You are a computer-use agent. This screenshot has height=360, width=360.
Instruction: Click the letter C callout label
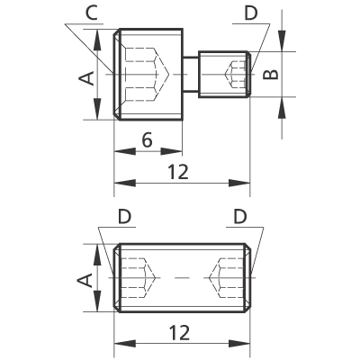click(92, 13)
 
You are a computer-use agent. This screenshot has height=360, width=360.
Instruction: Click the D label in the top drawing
click(251, 13)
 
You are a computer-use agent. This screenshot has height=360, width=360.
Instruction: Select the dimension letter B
click(271, 75)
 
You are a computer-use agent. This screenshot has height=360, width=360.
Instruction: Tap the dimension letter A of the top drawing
click(86, 78)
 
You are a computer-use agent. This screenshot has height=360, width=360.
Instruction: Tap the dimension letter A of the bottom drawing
click(85, 280)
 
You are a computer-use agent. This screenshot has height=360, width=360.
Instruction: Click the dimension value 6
click(147, 140)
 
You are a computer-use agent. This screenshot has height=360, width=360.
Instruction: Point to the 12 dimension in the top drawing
click(178, 172)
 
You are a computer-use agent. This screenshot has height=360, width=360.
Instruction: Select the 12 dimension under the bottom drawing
click(179, 333)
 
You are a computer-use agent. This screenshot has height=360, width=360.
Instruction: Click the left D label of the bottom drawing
click(124, 217)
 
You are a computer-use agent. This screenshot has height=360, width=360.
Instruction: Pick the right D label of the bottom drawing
click(240, 217)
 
